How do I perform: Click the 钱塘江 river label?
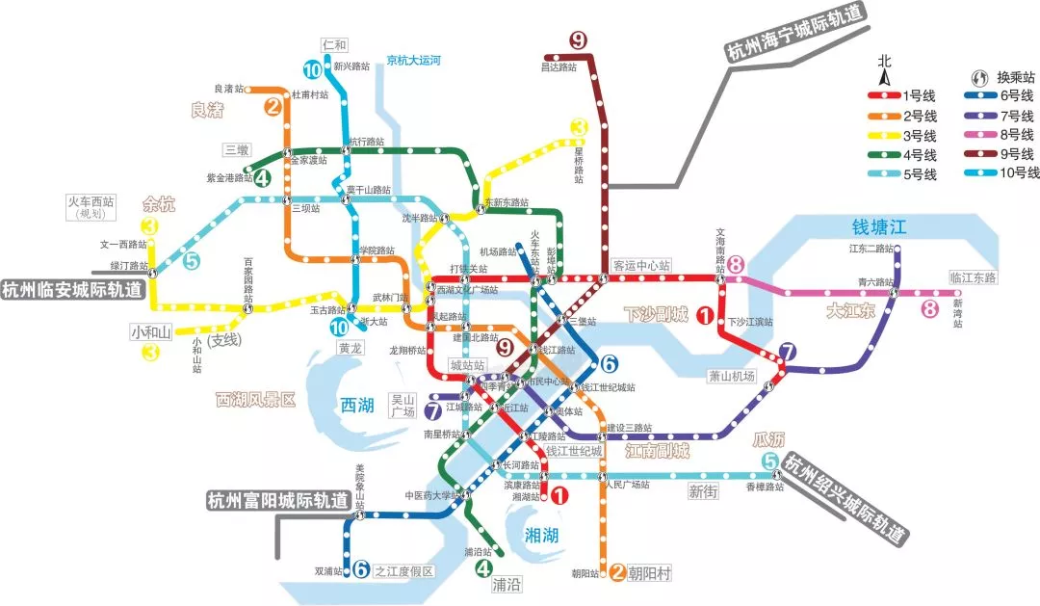click(x=879, y=227)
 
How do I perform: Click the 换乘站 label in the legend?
click(x=1015, y=76)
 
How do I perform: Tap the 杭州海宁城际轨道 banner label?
click(x=797, y=31)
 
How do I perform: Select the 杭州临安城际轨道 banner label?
click(x=71, y=289)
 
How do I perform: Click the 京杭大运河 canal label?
click(x=414, y=60)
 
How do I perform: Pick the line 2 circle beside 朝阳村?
click(x=618, y=573)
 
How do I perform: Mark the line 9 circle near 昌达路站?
click(x=578, y=40)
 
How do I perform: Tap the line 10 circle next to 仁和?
click(x=313, y=69)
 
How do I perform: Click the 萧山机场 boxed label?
click(x=732, y=376)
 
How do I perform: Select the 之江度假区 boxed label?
click(x=404, y=571)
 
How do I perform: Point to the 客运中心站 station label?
click(x=641, y=265)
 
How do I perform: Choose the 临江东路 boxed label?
click(x=974, y=277)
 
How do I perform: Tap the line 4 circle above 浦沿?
click(x=483, y=568)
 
